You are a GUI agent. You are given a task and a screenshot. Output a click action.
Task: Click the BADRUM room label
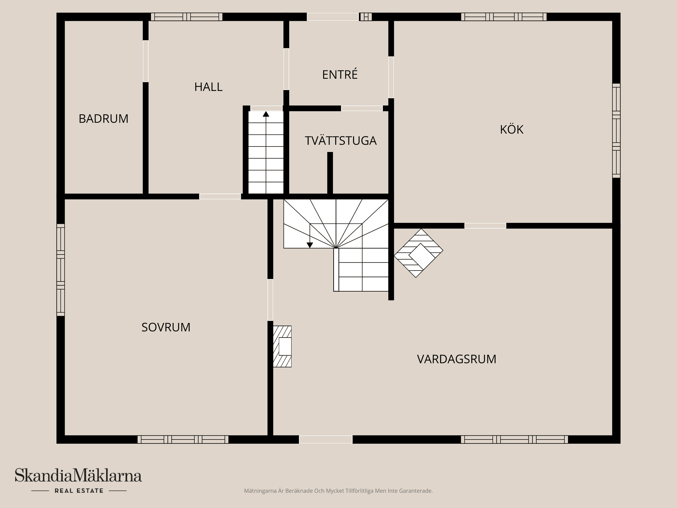103,119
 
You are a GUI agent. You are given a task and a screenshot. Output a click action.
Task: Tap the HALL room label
208,87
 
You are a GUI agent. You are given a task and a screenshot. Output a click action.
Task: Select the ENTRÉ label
340,74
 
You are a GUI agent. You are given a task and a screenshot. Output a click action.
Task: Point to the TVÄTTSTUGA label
340,141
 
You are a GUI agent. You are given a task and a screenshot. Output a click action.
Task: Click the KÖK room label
511,129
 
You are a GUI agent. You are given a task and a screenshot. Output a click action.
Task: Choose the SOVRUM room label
166,327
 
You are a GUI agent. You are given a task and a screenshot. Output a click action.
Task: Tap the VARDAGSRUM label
456,359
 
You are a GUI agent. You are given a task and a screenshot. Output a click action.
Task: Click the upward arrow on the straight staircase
266,114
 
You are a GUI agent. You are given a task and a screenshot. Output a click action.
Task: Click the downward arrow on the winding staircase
310,245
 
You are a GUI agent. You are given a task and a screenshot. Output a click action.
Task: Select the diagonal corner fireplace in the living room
419,253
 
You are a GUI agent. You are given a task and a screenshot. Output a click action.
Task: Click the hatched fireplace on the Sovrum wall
282,346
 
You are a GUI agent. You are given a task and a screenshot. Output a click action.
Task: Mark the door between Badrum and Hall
146,61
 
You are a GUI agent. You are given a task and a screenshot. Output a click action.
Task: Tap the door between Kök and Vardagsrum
485,226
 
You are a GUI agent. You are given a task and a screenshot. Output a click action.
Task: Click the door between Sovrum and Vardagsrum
270,300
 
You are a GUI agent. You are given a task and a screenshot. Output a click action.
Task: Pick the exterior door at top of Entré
333,17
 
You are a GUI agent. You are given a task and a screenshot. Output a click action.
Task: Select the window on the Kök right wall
616,131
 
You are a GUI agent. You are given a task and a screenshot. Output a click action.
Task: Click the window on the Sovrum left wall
61,270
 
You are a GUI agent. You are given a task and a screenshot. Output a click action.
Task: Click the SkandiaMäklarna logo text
78,476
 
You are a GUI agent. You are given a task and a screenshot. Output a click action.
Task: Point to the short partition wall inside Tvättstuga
330,173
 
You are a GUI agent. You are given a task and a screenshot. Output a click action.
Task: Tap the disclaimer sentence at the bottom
338,491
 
